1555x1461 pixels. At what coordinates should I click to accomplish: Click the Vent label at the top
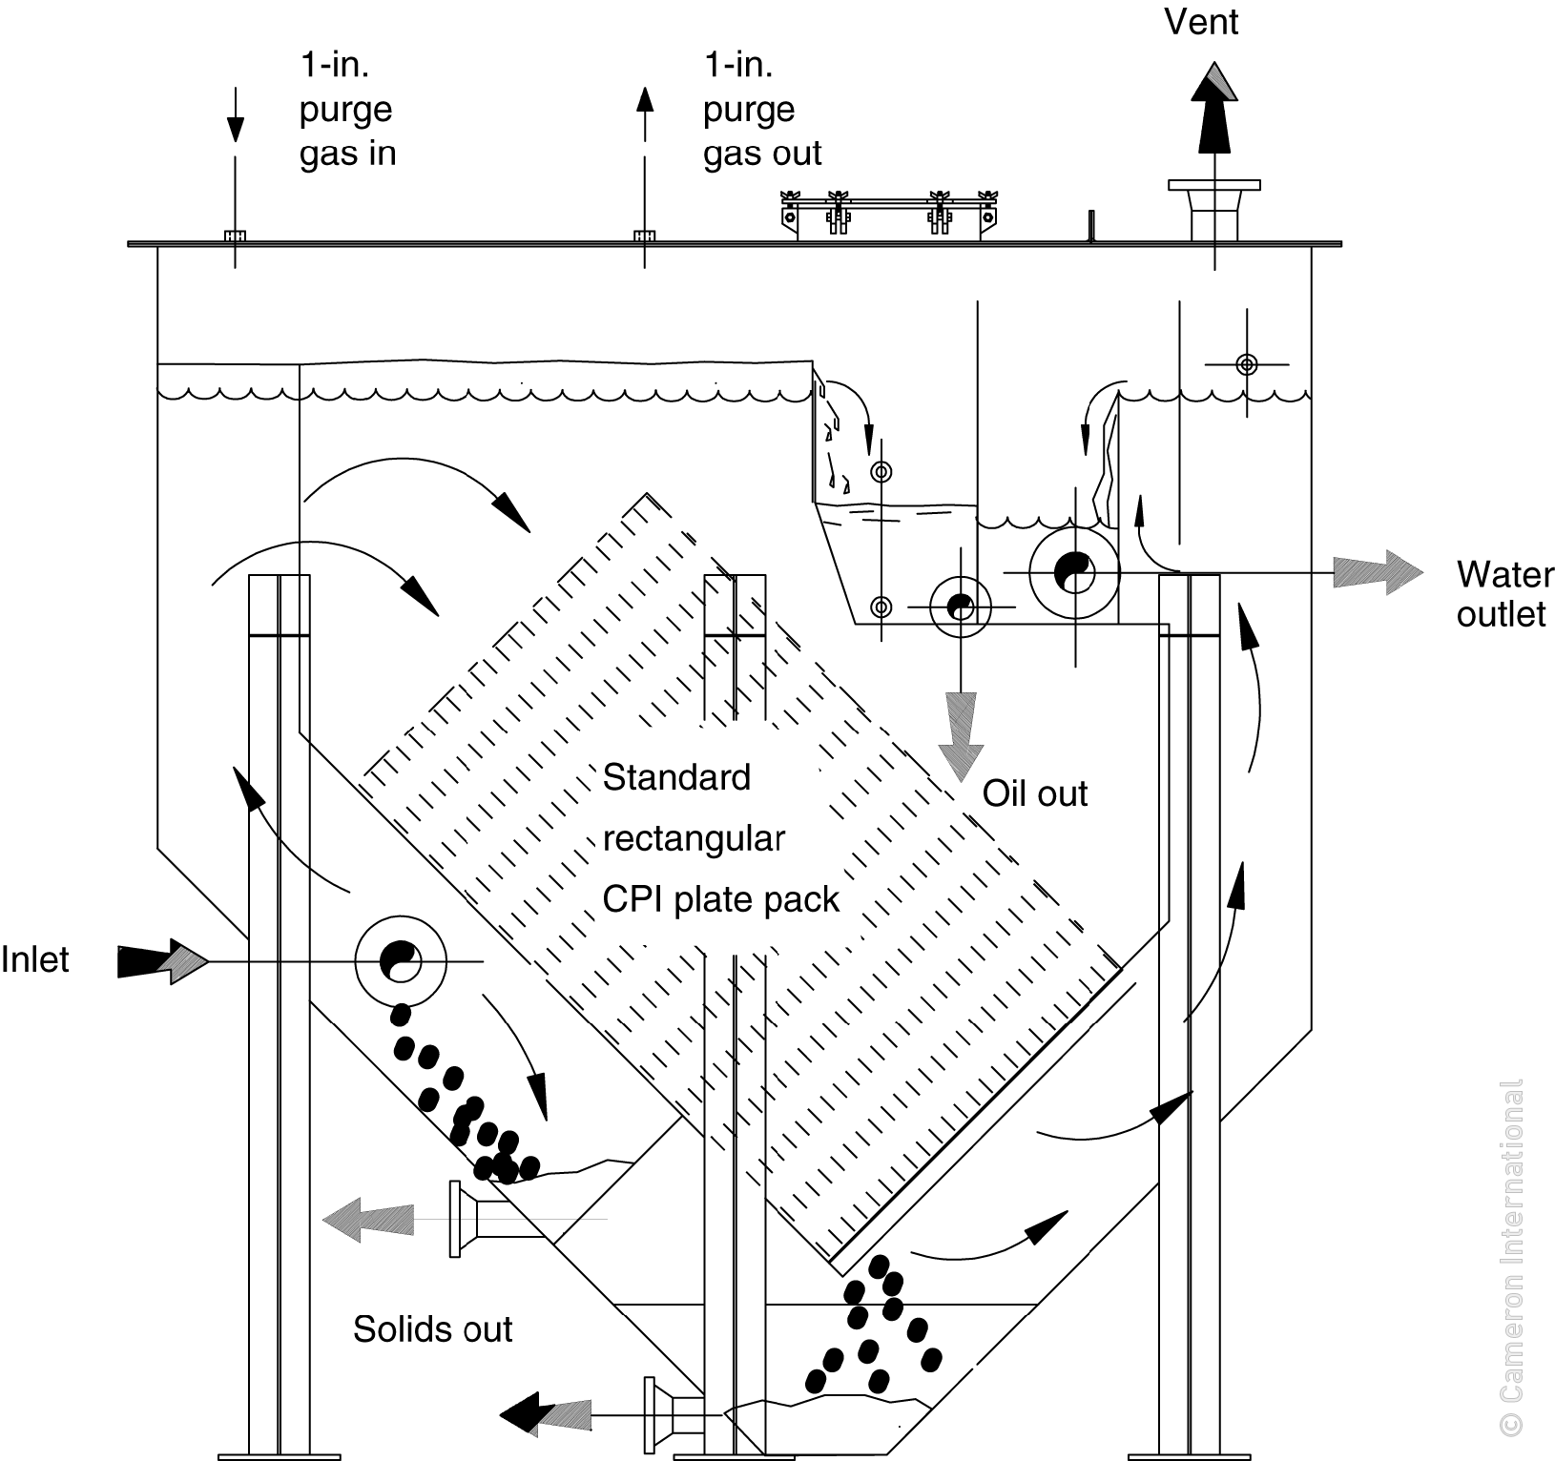(x=1201, y=21)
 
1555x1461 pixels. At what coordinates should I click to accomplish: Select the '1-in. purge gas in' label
(x=347, y=109)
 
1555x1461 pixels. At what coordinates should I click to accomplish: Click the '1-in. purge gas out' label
(x=761, y=109)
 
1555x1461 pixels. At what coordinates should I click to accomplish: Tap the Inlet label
(x=35, y=959)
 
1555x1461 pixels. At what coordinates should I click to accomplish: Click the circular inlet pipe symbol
(x=401, y=960)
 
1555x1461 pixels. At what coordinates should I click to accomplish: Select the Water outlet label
(x=1503, y=594)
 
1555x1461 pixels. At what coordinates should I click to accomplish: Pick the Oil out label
(x=1035, y=793)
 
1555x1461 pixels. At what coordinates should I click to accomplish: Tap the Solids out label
(x=432, y=1328)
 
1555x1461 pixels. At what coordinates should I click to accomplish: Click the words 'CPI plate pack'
(x=720, y=899)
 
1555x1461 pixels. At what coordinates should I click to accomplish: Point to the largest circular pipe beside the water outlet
(x=1075, y=572)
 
